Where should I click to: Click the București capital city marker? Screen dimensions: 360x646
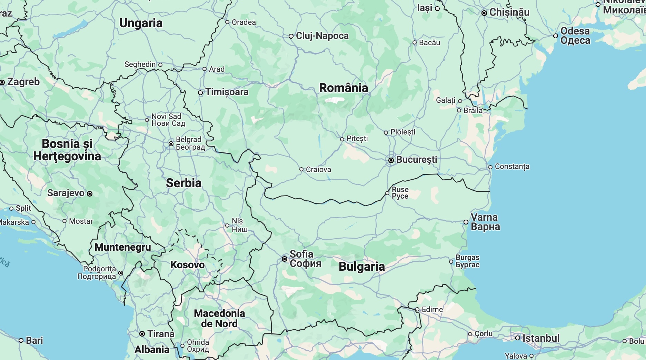tap(391, 160)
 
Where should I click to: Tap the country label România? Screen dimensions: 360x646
tap(343, 88)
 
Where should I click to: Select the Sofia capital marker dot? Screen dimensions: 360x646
tap(285, 259)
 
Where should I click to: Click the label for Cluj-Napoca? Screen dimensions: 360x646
tap(322, 36)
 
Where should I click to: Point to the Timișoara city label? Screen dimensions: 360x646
tap(227, 92)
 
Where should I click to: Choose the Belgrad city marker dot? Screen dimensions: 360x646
tap(171, 144)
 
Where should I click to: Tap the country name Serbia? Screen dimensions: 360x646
tap(183, 183)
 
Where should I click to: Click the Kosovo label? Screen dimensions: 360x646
tap(187, 265)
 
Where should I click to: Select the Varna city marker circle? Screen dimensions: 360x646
tap(466, 222)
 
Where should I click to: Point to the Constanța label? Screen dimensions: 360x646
tap(512, 167)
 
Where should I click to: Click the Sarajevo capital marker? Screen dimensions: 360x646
tap(90, 194)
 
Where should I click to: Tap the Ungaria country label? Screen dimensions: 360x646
tap(141, 23)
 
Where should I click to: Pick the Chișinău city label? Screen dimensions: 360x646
tap(509, 12)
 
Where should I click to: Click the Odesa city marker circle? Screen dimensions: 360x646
tap(556, 36)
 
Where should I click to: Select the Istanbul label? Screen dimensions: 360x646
tap(541, 338)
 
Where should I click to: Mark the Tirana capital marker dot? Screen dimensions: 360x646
tap(142, 334)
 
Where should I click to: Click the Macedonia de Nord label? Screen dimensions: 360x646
tap(219, 318)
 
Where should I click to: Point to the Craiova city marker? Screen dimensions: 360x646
tap(301, 169)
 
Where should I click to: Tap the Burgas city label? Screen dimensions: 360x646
tap(467, 261)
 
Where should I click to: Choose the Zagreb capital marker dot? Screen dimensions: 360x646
tap(2, 82)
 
